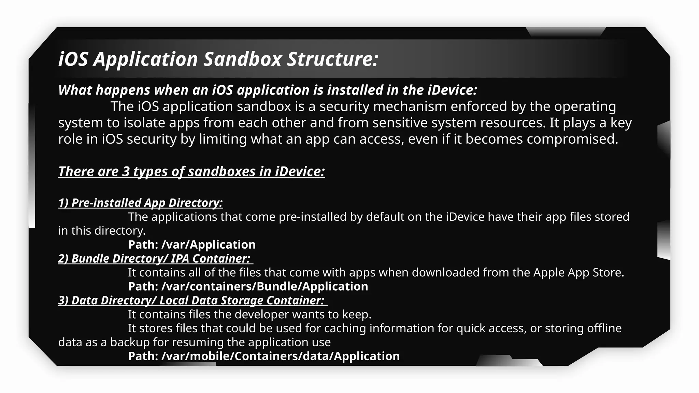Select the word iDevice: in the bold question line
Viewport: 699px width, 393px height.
[452, 90]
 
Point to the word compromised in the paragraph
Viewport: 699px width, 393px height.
[572, 139]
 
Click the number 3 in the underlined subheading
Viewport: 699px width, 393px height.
[126, 171]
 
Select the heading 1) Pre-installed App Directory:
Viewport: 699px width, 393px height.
[140, 203]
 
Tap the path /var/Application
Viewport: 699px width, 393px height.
[209, 245]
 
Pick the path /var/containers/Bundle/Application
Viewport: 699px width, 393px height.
[265, 287]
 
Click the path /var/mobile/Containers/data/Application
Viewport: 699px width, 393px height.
[280, 356]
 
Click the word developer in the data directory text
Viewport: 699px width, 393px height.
[262, 314]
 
